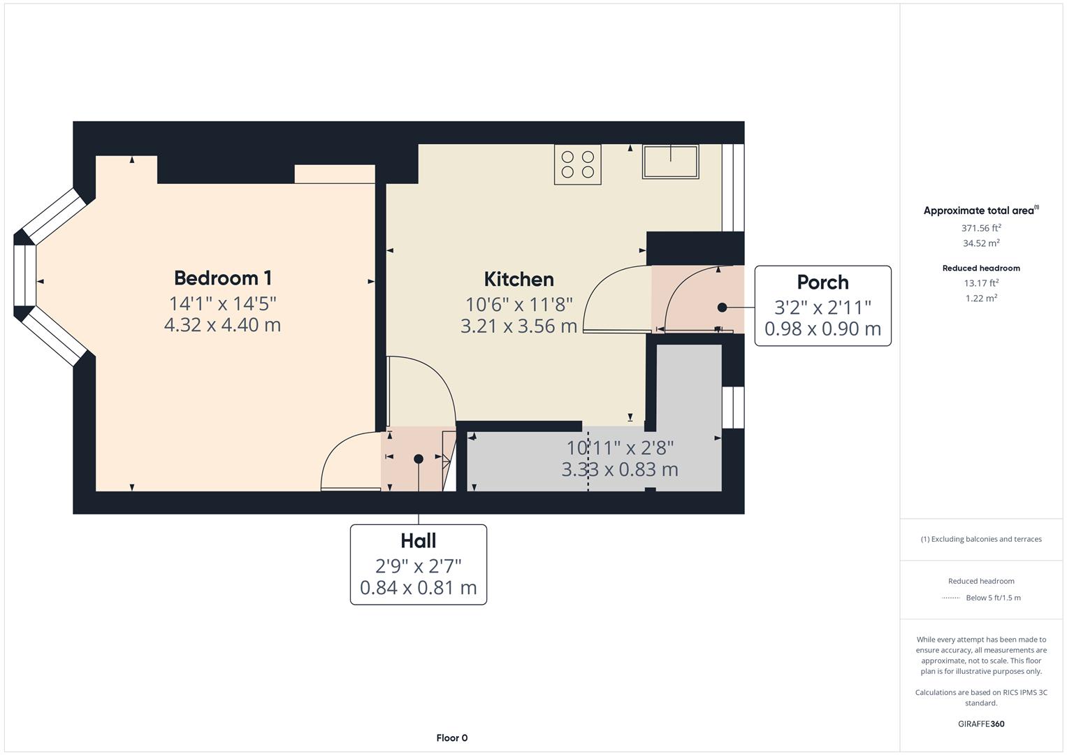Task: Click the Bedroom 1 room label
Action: [x=222, y=278]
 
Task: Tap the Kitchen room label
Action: [x=518, y=280]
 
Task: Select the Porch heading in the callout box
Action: [x=822, y=282]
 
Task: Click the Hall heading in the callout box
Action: [x=418, y=541]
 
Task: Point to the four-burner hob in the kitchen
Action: [x=577, y=164]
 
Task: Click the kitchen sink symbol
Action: [x=670, y=161]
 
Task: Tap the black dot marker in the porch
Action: [x=722, y=307]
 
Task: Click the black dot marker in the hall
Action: [x=418, y=459]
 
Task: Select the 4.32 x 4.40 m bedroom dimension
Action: [x=222, y=325]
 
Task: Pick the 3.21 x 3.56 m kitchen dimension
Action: [x=518, y=326]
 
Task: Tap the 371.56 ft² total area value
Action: [x=981, y=228]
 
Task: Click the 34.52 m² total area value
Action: [x=981, y=243]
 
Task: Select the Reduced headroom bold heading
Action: [x=981, y=268]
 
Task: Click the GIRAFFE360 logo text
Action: [x=981, y=724]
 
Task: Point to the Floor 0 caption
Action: [x=451, y=738]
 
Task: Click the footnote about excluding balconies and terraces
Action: [x=981, y=539]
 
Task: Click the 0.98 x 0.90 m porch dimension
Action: [x=822, y=329]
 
